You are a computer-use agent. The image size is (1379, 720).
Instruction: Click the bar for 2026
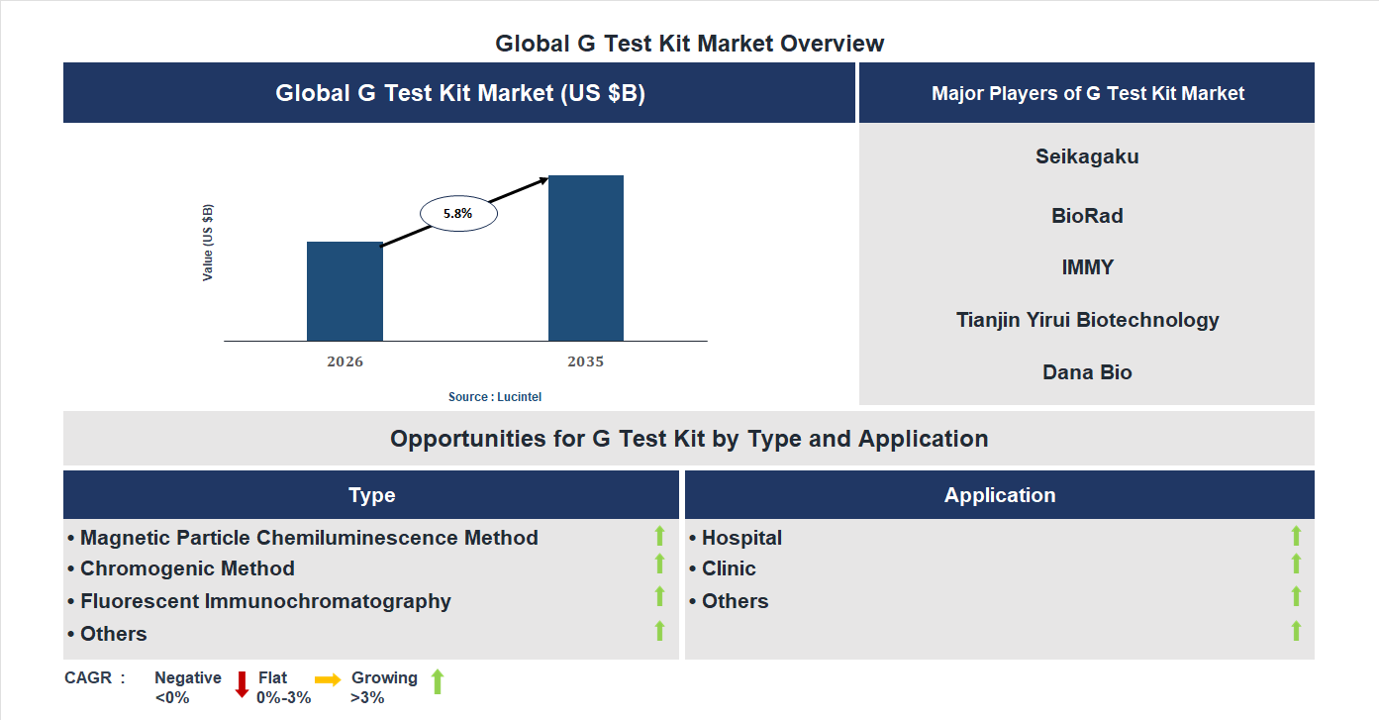coord(345,291)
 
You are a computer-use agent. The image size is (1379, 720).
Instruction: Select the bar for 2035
coord(586,258)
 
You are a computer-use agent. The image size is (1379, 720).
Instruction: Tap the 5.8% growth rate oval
coord(458,213)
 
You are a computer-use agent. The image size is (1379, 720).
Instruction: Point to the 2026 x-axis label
coord(345,361)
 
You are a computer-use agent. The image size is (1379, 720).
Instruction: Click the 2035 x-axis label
coord(585,361)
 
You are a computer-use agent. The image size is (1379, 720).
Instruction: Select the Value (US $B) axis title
coord(208,243)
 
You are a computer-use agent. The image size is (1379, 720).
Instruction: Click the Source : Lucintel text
coord(495,397)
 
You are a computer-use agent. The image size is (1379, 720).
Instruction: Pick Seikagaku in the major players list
coord(1087,156)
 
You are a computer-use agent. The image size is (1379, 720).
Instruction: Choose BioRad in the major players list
coord(1087,216)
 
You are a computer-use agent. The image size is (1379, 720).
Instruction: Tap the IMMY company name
coord(1087,267)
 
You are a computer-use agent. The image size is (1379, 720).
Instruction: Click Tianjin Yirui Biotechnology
coord(1087,320)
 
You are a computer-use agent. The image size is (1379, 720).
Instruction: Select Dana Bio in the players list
coord(1087,372)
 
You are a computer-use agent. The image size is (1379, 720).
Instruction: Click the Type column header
coord(371,495)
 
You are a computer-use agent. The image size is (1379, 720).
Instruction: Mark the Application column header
coord(999,495)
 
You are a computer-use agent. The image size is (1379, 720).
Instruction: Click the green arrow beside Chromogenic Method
coord(659,564)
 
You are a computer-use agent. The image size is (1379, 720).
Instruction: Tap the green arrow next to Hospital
coord(1296,536)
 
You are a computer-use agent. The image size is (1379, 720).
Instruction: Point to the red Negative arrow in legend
coord(242,684)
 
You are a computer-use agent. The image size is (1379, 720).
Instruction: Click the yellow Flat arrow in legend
coord(328,679)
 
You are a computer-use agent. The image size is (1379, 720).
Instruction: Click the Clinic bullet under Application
coord(728,568)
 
